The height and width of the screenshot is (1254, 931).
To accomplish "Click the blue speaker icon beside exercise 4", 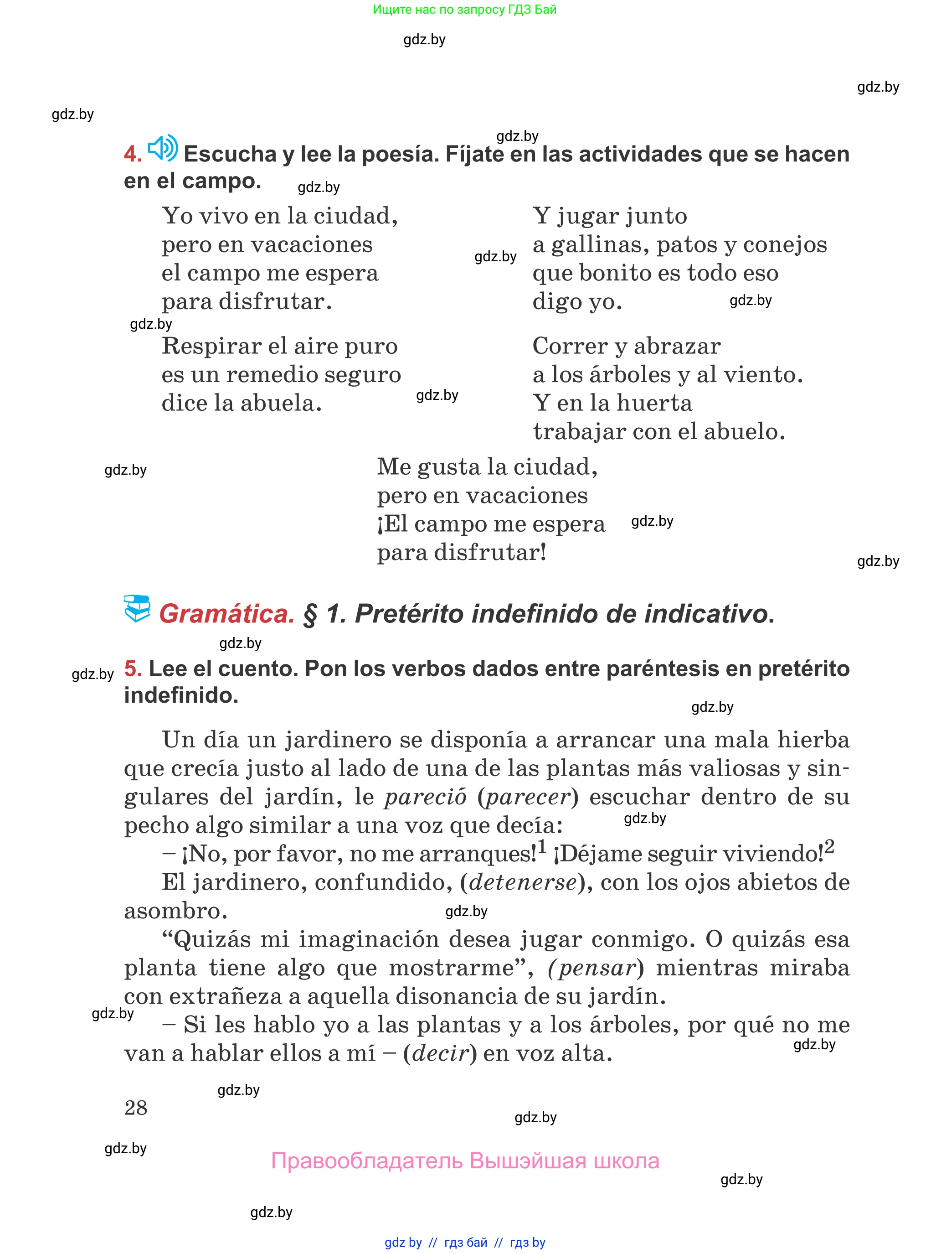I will tap(162, 148).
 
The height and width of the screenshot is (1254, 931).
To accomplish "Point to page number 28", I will tap(136, 1108).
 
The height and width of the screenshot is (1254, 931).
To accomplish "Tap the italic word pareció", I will tap(426, 797).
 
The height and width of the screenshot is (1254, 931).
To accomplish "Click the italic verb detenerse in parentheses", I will tap(523, 882).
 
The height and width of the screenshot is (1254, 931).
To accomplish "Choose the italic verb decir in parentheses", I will tap(440, 1053).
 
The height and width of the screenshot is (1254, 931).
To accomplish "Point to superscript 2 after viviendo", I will tap(829, 846).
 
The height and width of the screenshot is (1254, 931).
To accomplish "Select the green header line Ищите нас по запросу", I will tap(464, 10).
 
